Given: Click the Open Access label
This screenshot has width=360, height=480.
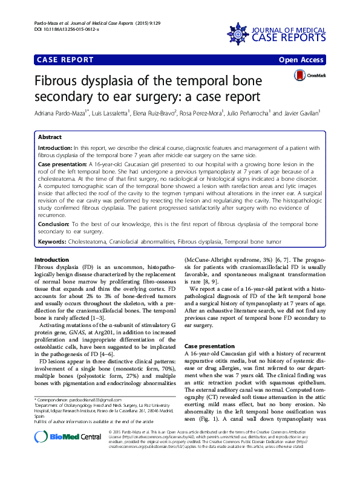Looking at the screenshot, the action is tap(303, 59).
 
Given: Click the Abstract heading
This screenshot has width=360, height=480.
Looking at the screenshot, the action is tap(49, 137).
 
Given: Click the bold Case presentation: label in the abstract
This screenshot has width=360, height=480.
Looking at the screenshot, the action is tap(63, 164).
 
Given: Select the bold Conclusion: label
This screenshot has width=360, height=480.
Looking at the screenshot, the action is tap(54, 224).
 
